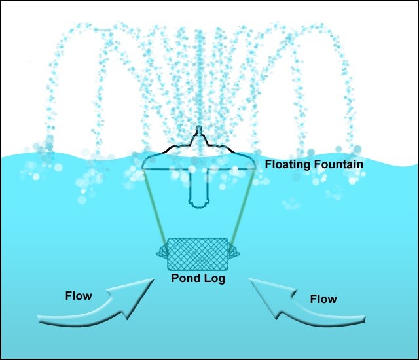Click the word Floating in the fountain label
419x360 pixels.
click(287, 164)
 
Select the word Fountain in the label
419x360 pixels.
click(337, 164)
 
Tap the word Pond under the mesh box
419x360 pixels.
click(184, 278)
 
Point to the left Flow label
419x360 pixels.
click(79, 296)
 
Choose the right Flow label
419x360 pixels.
click(323, 299)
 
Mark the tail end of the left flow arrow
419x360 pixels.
click(43, 319)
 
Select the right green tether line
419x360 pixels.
click(243, 206)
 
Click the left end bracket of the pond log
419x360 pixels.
click(162, 253)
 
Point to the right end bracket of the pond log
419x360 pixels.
click(234, 253)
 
